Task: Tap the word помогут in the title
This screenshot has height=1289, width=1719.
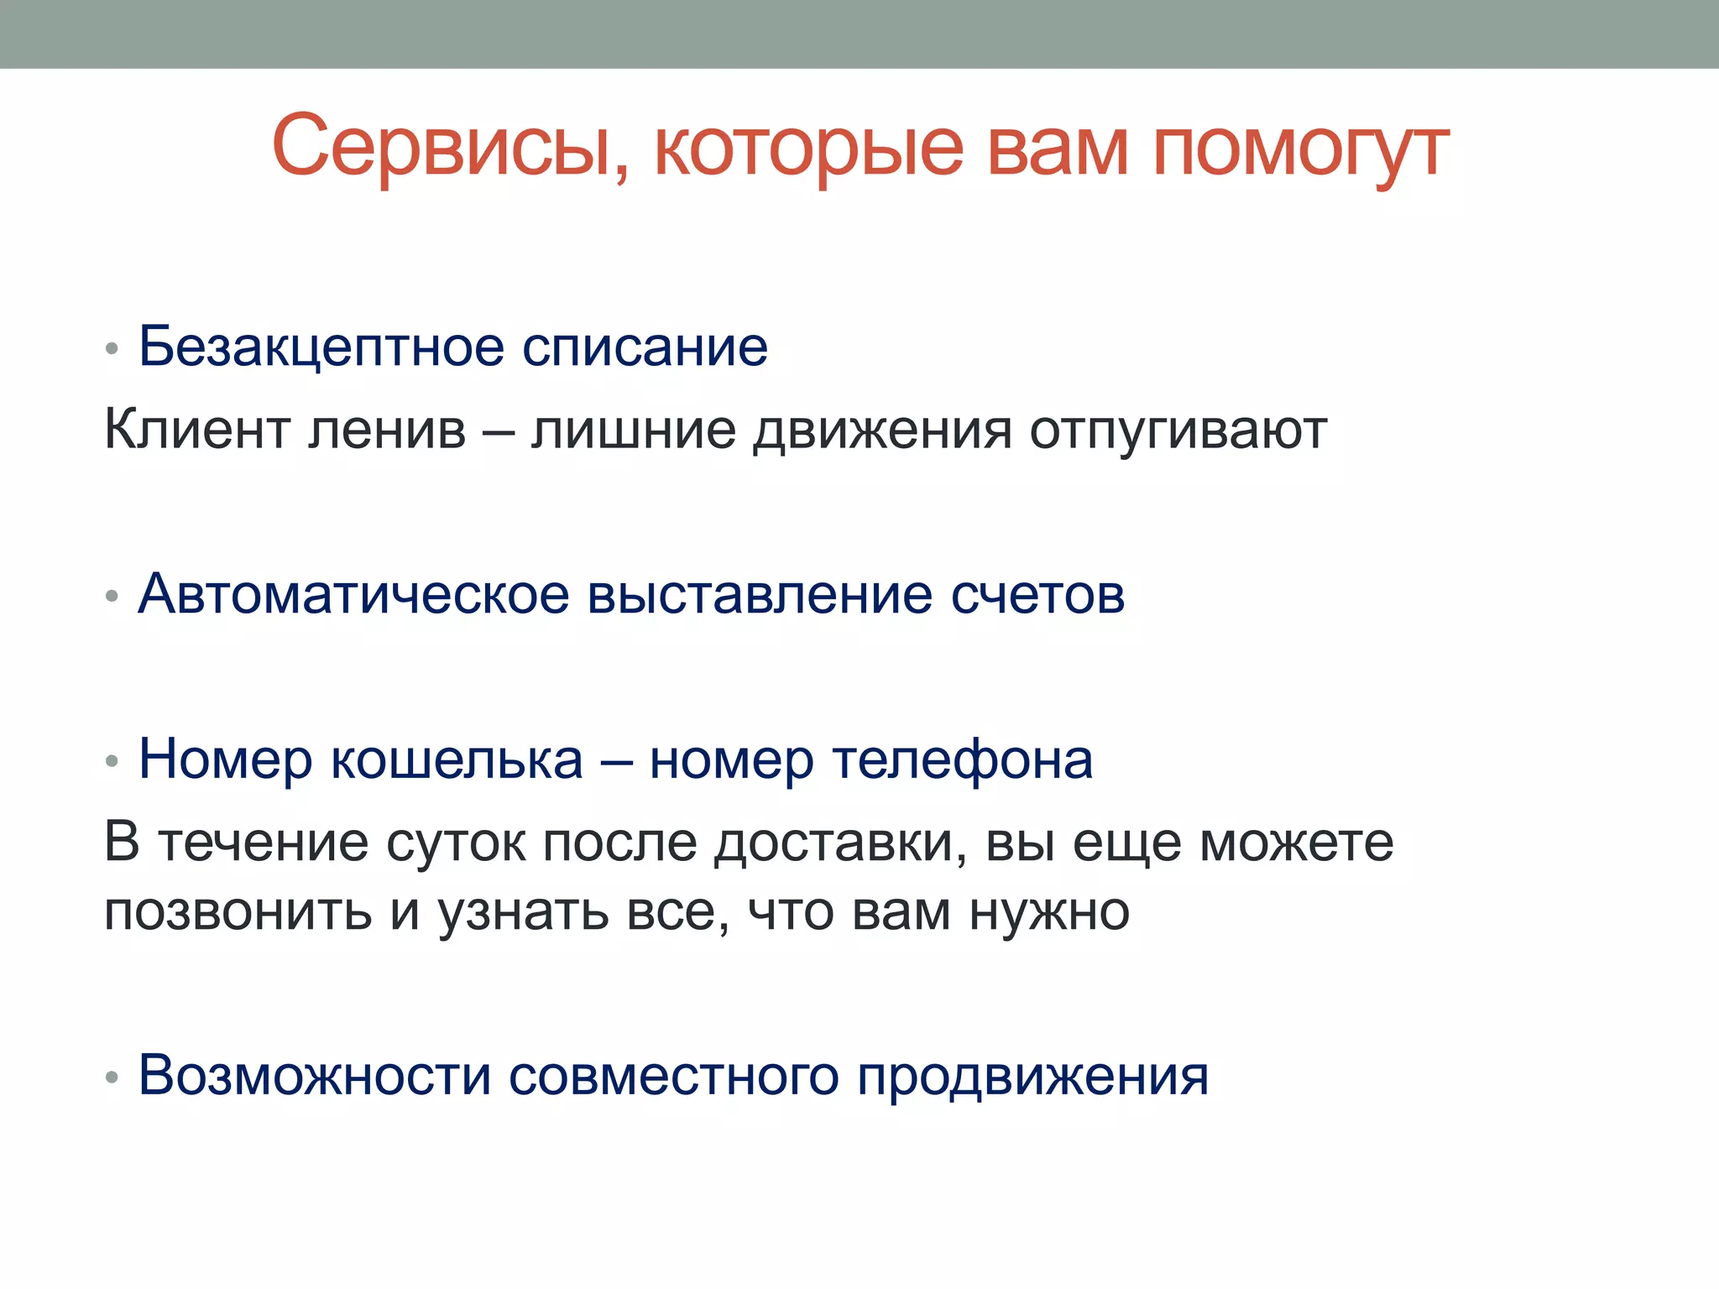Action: pyautogui.click(x=1301, y=149)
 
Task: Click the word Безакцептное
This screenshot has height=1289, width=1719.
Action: pyautogui.click(x=321, y=347)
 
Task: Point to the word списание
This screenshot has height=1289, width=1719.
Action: pyautogui.click(x=645, y=347)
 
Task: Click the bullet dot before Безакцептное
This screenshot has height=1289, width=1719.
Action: pyautogui.click(x=112, y=348)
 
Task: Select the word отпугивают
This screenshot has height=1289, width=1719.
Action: pyautogui.click(x=1178, y=431)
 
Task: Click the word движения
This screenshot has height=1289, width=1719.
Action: pyautogui.click(x=882, y=431)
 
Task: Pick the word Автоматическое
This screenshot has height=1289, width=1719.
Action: pyautogui.click(x=353, y=595)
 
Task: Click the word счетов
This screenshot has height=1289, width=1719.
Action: pyautogui.click(x=1037, y=595)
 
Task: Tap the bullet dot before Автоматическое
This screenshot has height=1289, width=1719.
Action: pyautogui.click(x=112, y=597)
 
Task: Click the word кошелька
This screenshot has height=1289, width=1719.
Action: pyautogui.click(x=457, y=760)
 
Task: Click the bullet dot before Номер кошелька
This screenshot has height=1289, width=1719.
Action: pyautogui.click(x=112, y=761)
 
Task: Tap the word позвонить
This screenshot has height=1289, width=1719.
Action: pyautogui.click(x=238, y=912)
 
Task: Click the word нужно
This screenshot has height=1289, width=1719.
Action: pyautogui.click(x=1049, y=912)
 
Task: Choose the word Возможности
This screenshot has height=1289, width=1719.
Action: pyautogui.click(x=314, y=1075)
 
